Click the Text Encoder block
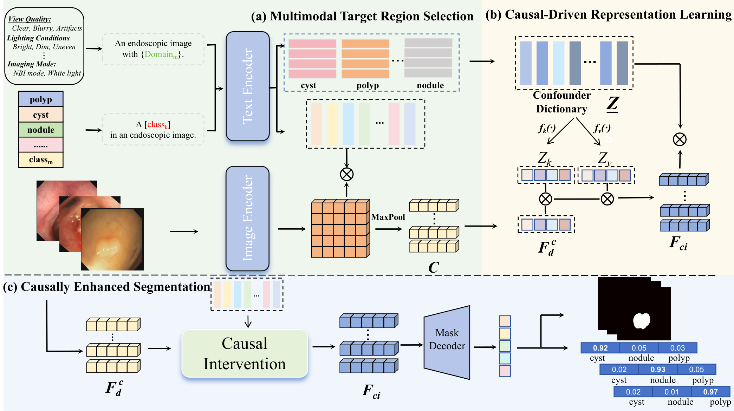tap(248, 86)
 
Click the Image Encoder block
tap(247, 218)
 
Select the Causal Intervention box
tap(245, 353)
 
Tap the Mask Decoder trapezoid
tap(447, 342)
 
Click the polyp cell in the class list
tap(41, 99)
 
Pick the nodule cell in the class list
tap(41, 130)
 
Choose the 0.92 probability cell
tap(600, 348)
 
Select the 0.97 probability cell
tap(710, 392)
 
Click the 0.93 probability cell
tap(657, 369)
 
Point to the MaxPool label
tap(388, 217)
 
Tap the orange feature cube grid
tap(340, 229)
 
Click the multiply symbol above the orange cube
tap(346, 174)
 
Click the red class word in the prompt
tap(157, 125)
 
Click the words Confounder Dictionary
tap(561, 102)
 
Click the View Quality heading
tap(30, 19)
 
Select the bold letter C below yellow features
tap(433, 268)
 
